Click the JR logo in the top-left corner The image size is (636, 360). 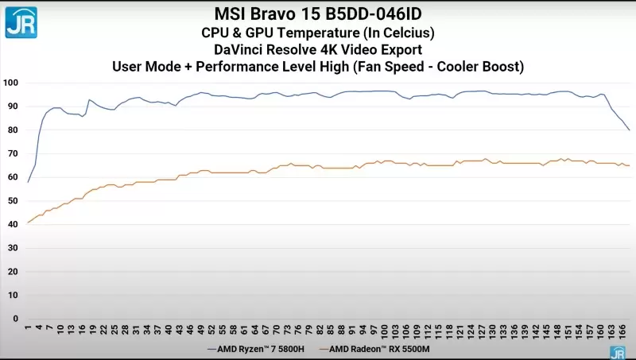tap(21, 21)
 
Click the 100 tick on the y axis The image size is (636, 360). tap(11, 83)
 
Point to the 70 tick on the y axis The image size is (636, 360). tap(14, 153)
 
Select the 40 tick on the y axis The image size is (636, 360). tap(14, 224)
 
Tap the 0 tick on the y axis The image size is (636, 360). tap(16, 319)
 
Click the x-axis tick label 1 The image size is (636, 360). tap(28, 327)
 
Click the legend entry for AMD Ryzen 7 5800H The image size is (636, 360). tap(258, 348)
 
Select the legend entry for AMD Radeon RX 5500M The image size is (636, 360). tap(375, 348)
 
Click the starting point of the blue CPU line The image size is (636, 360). tap(28, 182)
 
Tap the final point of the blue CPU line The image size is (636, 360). tap(630, 130)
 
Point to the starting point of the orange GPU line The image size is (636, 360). tap(28, 223)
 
